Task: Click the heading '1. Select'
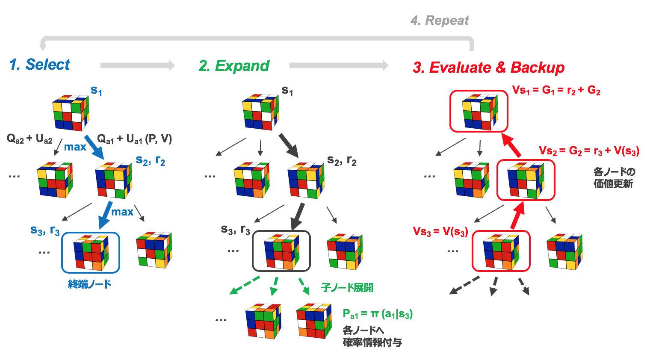(x=39, y=65)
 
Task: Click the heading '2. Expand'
(x=234, y=66)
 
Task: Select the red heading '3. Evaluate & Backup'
(x=488, y=68)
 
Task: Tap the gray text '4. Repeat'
(x=439, y=21)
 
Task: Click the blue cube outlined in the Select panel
(x=91, y=253)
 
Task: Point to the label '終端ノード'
(x=89, y=284)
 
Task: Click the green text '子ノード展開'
(x=347, y=288)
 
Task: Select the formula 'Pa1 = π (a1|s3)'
(x=377, y=314)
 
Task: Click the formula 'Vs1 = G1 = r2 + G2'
(x=556, y=90)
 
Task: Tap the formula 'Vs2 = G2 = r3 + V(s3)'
(x=589, y=151)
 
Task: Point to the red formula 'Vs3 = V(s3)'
(x=440, y=232)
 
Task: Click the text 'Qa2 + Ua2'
(x=30, y=139)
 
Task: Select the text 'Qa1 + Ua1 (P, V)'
(x=134, y=139)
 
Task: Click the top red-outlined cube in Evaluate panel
(x=479, y=111)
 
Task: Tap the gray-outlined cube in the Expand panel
(x=281, y=251)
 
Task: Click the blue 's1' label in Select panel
(x=96, y=91)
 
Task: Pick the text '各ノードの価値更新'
(x=614, y=178)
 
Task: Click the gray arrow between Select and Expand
(x=137, y=65)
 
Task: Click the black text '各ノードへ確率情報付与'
(x=372, y=336)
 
